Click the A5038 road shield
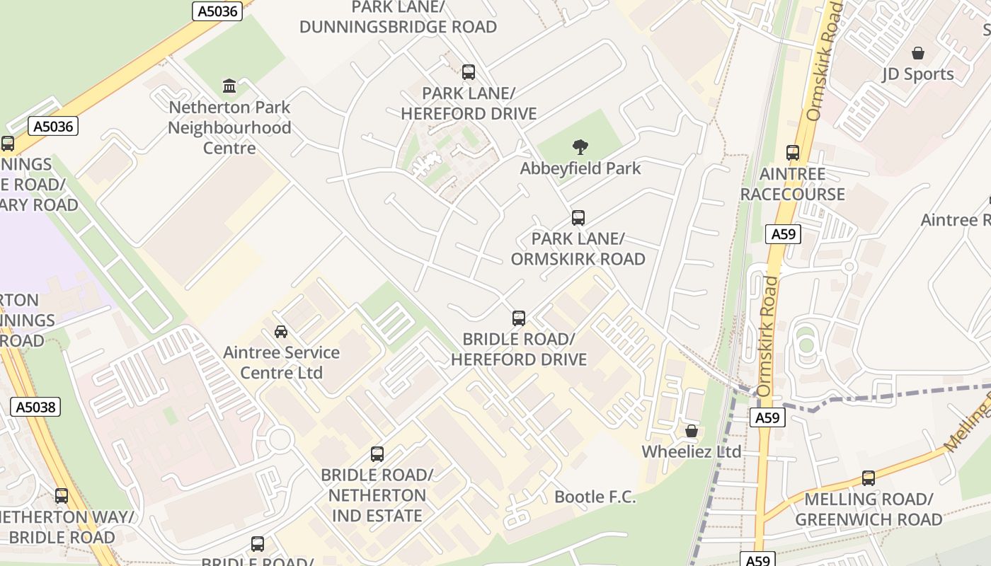tap(35, 407)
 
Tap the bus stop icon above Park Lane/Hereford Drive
tap(469, 71)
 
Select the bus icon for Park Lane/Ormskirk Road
tap(578, 217)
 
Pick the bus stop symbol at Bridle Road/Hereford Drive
tap(519, 318)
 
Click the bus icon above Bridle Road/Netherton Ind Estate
tap(377, 454)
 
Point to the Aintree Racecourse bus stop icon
tap(793, 153)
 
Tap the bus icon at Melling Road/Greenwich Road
tap(869, 478)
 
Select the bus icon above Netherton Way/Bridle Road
tap(62, 496)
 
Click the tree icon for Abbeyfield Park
tap(580, 147)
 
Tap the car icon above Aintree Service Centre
tap(281, 331)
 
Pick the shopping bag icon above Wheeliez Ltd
tap(692, 431)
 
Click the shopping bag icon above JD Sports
tap(918, 53)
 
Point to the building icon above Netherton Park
tap(229, 86)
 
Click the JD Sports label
tap(918, 74)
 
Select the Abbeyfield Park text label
tap(580, 168)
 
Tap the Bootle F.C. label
tap(595, 497)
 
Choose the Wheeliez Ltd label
tap(692, 451)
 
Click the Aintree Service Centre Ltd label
tap(281, 362)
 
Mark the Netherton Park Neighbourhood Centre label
tap(229, 128)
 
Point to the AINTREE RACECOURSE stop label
tap(793, 184)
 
